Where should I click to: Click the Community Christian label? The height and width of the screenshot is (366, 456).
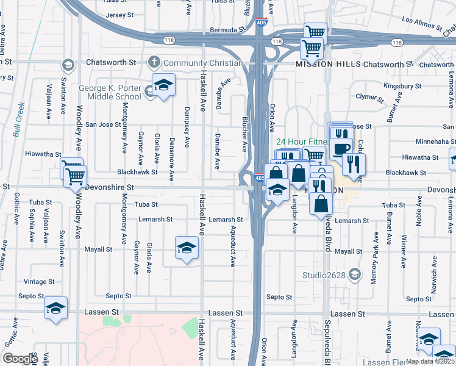click(203, 63)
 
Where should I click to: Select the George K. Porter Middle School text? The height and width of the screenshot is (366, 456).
click(110, 92)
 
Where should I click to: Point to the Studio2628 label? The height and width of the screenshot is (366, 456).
click(324, 274)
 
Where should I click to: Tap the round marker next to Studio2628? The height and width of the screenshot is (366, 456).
click(354, 275)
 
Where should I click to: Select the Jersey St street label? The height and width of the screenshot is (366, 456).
click(119, 15)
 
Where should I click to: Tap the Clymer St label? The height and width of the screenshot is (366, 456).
click(369, 97)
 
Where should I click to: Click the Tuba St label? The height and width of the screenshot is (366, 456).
click(146, 204)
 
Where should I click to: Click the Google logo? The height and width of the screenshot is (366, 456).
click(20, 359)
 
